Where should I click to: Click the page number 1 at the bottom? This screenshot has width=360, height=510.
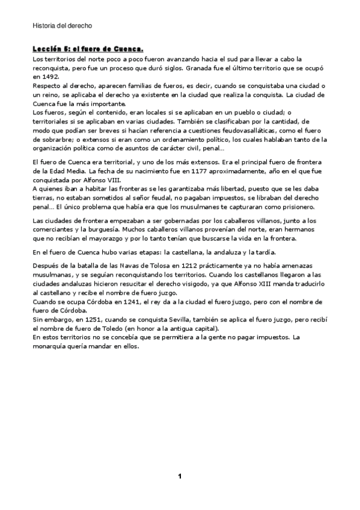(180, 476)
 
